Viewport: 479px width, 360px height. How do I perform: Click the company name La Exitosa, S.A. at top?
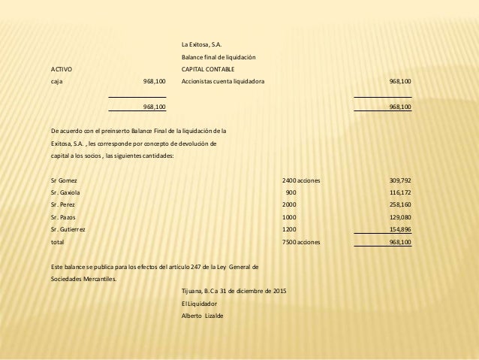pyautogui.click(x=203, y=44)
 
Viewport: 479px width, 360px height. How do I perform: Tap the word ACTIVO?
pyautogui.click(x=62, y=69)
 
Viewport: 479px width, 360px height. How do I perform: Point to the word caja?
pyautogui.click(x=57, y=81)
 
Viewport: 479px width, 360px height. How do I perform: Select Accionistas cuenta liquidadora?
pyautogui.click(x=223, y=81)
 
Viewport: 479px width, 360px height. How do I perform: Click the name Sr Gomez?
pyautogui.click(x=63, y=180)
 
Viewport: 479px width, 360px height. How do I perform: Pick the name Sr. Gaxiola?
pyautogui.click(x=65, y=192)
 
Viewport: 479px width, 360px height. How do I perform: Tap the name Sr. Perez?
pyautogui.click(x=63, y=204)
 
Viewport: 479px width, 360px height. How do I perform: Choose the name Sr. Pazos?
pyautogui.click(x=63, y=216)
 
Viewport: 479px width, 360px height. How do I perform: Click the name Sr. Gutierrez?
pyautogui.click(x=68, y=228)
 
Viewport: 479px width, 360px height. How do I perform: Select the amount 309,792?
pyautogui.click(x=399, y=180)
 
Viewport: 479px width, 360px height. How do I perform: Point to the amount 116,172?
pyautogui.click(x=399, y=192)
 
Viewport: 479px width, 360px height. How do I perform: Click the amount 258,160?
pyautogui.click(x=399, y=204)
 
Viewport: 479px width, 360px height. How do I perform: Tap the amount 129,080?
pyautogui.click(x=399, y=216)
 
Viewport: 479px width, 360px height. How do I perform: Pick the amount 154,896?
pyautogui.click(x=399, y=228)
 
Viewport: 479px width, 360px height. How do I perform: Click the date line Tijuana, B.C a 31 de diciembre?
pyautogui.click(x=233, y=291)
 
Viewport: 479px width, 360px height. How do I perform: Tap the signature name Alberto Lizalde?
pyautogui.click(x=202, y=315)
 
